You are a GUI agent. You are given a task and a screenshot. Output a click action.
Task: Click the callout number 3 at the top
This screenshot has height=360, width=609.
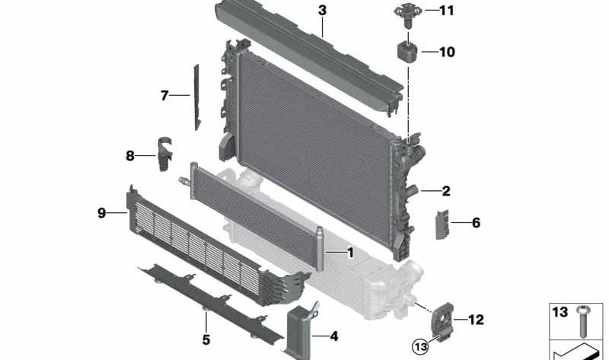coord(323,11)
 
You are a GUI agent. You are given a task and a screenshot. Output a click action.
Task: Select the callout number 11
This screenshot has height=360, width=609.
coord(446,11)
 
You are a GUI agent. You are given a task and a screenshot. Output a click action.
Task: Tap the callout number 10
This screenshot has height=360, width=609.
coord(446,53)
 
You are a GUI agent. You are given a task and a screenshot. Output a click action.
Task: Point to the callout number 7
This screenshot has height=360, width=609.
coord(164,96)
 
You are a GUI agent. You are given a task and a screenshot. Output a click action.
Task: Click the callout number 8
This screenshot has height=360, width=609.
coord(129,156)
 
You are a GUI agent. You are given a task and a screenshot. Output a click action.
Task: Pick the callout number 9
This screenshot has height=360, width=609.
coord(101,214)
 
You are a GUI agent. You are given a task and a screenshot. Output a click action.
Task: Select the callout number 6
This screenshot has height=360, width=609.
coord(476,223)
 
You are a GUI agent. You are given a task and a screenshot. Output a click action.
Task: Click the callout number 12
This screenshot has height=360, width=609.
coord(476,320)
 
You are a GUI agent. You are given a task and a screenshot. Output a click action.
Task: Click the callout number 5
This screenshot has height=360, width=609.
coord(206,339)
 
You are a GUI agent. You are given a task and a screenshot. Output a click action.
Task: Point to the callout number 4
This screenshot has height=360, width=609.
coord(333,333)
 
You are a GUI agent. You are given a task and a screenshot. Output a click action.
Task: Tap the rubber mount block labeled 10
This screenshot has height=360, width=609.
coord(406,53)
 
